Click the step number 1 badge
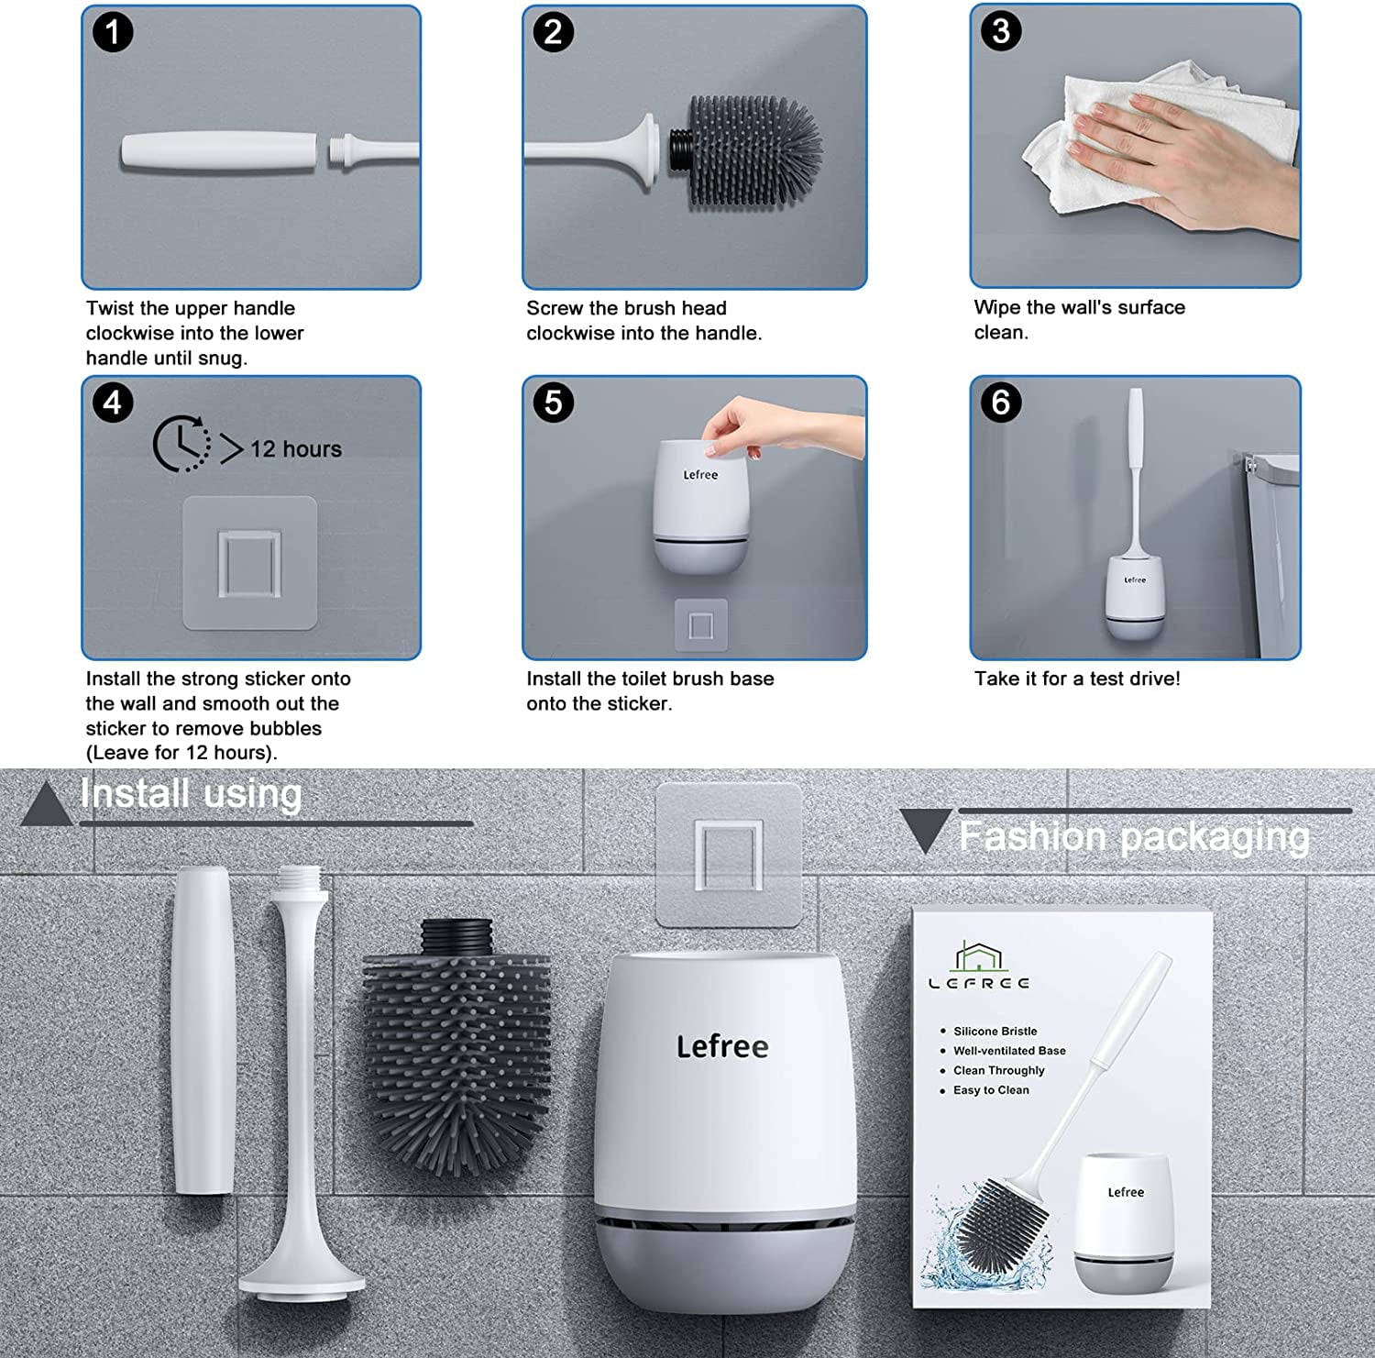click(113, 32)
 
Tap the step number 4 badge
click(113, 403)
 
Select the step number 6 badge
click(1001, 403)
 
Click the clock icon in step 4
click(181, 445)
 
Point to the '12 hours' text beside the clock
click(296, 449)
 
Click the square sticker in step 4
click(249, 563)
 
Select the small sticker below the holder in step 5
click(701, 625)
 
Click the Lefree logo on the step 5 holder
click(700, 475)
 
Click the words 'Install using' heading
click(191, 794)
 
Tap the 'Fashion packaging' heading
click(1134, 837)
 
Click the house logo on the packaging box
click(979, 955)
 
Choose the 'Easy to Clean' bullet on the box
click(984, 1090)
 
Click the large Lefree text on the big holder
click(722, 1047)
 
